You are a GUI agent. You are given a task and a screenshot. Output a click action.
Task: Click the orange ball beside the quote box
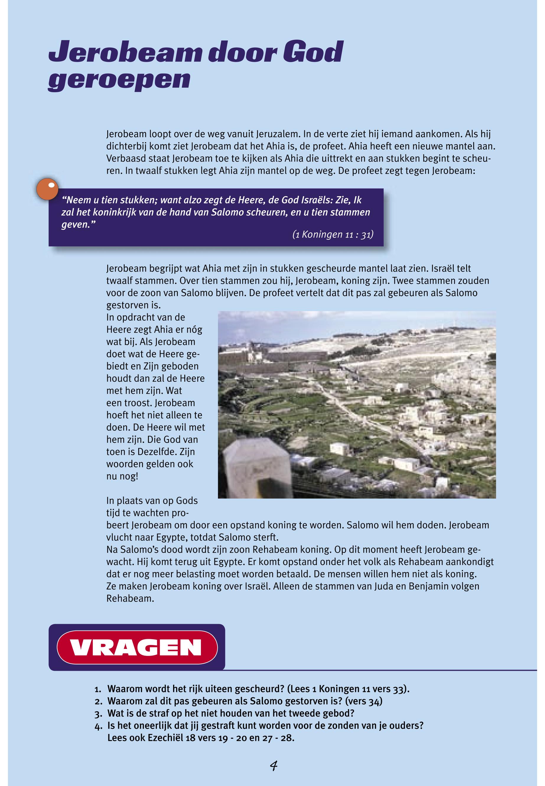tap(47, 189)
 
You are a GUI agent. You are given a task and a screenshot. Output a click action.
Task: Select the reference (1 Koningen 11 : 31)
tap(333, 235)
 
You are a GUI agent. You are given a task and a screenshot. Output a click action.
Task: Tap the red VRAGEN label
tap(136, 647)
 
